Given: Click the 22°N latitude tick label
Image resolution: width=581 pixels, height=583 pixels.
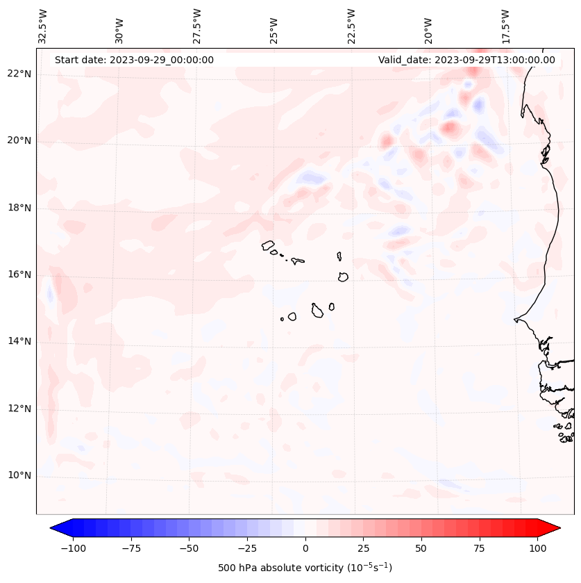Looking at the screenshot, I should pos(19,74).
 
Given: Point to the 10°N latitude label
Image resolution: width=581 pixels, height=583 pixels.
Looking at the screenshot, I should pos(19,476).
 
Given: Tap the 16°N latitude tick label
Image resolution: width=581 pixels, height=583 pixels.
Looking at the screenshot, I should pos(19,274).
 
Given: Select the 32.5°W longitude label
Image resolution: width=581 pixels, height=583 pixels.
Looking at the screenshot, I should pos(43,26).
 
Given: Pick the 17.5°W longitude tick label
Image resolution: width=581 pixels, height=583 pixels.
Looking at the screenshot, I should pos(506,26).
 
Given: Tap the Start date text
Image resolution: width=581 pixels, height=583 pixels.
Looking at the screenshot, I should pos(134,60).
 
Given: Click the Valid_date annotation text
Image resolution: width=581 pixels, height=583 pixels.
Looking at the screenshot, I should pos(466,60).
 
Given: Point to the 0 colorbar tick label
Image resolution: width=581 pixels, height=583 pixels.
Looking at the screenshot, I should pos(305,548).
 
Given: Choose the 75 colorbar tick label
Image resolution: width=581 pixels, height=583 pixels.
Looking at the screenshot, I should pos(479,548).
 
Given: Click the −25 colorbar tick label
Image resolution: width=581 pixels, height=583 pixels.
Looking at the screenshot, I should pos(247,548).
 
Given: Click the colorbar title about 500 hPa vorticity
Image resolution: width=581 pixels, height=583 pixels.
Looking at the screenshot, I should pos(305,568).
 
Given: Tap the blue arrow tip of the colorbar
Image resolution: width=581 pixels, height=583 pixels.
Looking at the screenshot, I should pos(56,528).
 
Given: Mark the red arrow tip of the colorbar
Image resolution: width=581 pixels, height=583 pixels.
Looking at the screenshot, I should pos(555,528).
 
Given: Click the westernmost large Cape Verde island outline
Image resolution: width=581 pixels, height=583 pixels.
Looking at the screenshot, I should pos(268,245).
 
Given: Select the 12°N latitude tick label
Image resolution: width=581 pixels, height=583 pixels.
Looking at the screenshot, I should pos(19,409).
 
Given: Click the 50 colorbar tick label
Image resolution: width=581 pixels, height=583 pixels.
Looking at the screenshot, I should pos(421,548).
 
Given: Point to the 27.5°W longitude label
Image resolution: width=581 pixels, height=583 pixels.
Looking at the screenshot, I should pos(197,26).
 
